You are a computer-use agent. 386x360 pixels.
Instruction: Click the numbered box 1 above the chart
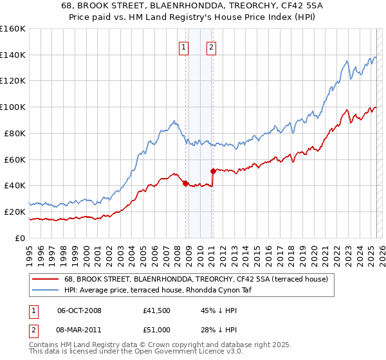(x=184, y=46)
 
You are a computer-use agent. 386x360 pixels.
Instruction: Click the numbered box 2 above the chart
(x=211, y=46)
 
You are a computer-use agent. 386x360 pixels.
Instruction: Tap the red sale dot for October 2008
(x=185, y=183)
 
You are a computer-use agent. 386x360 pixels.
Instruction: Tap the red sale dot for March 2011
(x=213, y=171)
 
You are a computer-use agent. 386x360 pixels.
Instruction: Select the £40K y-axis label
(x=15, y=185)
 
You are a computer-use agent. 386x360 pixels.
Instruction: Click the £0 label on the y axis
(x=20, y=238)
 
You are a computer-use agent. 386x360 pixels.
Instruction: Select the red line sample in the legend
(x=45, y=279)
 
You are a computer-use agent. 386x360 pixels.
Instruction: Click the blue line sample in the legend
(x=45, y=290)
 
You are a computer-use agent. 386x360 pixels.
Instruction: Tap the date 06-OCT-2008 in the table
(x=79, y=310)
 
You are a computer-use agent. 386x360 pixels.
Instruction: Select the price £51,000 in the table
(x=157, y=330)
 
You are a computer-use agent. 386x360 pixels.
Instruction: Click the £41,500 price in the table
(x=157, y=310)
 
